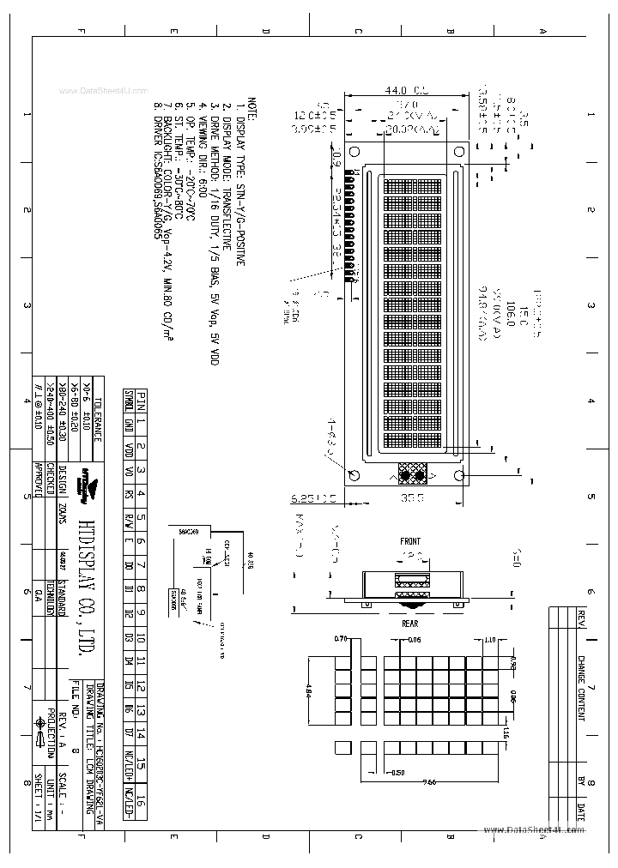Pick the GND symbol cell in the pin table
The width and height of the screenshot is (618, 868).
point(130,422)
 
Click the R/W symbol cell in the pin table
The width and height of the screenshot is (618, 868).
point(130,518)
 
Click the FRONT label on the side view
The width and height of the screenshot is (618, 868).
point(410,541)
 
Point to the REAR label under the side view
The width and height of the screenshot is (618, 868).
point(410,624)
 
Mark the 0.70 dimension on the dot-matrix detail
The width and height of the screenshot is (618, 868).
point(340,640)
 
